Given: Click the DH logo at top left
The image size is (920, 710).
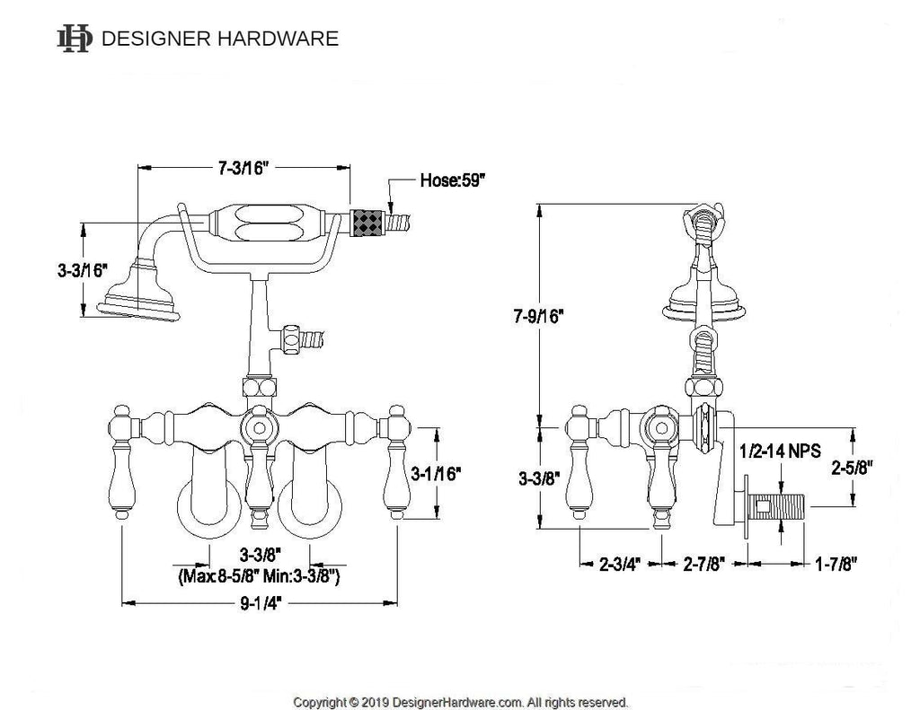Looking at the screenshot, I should click(x=75, y=38).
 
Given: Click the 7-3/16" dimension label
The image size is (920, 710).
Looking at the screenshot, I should click(x=244, y=168).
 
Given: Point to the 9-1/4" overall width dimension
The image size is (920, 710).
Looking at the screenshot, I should click(x=261, y=603).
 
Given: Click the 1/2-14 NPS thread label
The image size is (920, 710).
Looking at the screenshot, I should click(x=779, y=451).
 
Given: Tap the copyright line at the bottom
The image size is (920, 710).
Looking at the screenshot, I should click(x=461, y=701).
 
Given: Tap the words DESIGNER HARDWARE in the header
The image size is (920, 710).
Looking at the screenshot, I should click(x=220, y=39).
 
